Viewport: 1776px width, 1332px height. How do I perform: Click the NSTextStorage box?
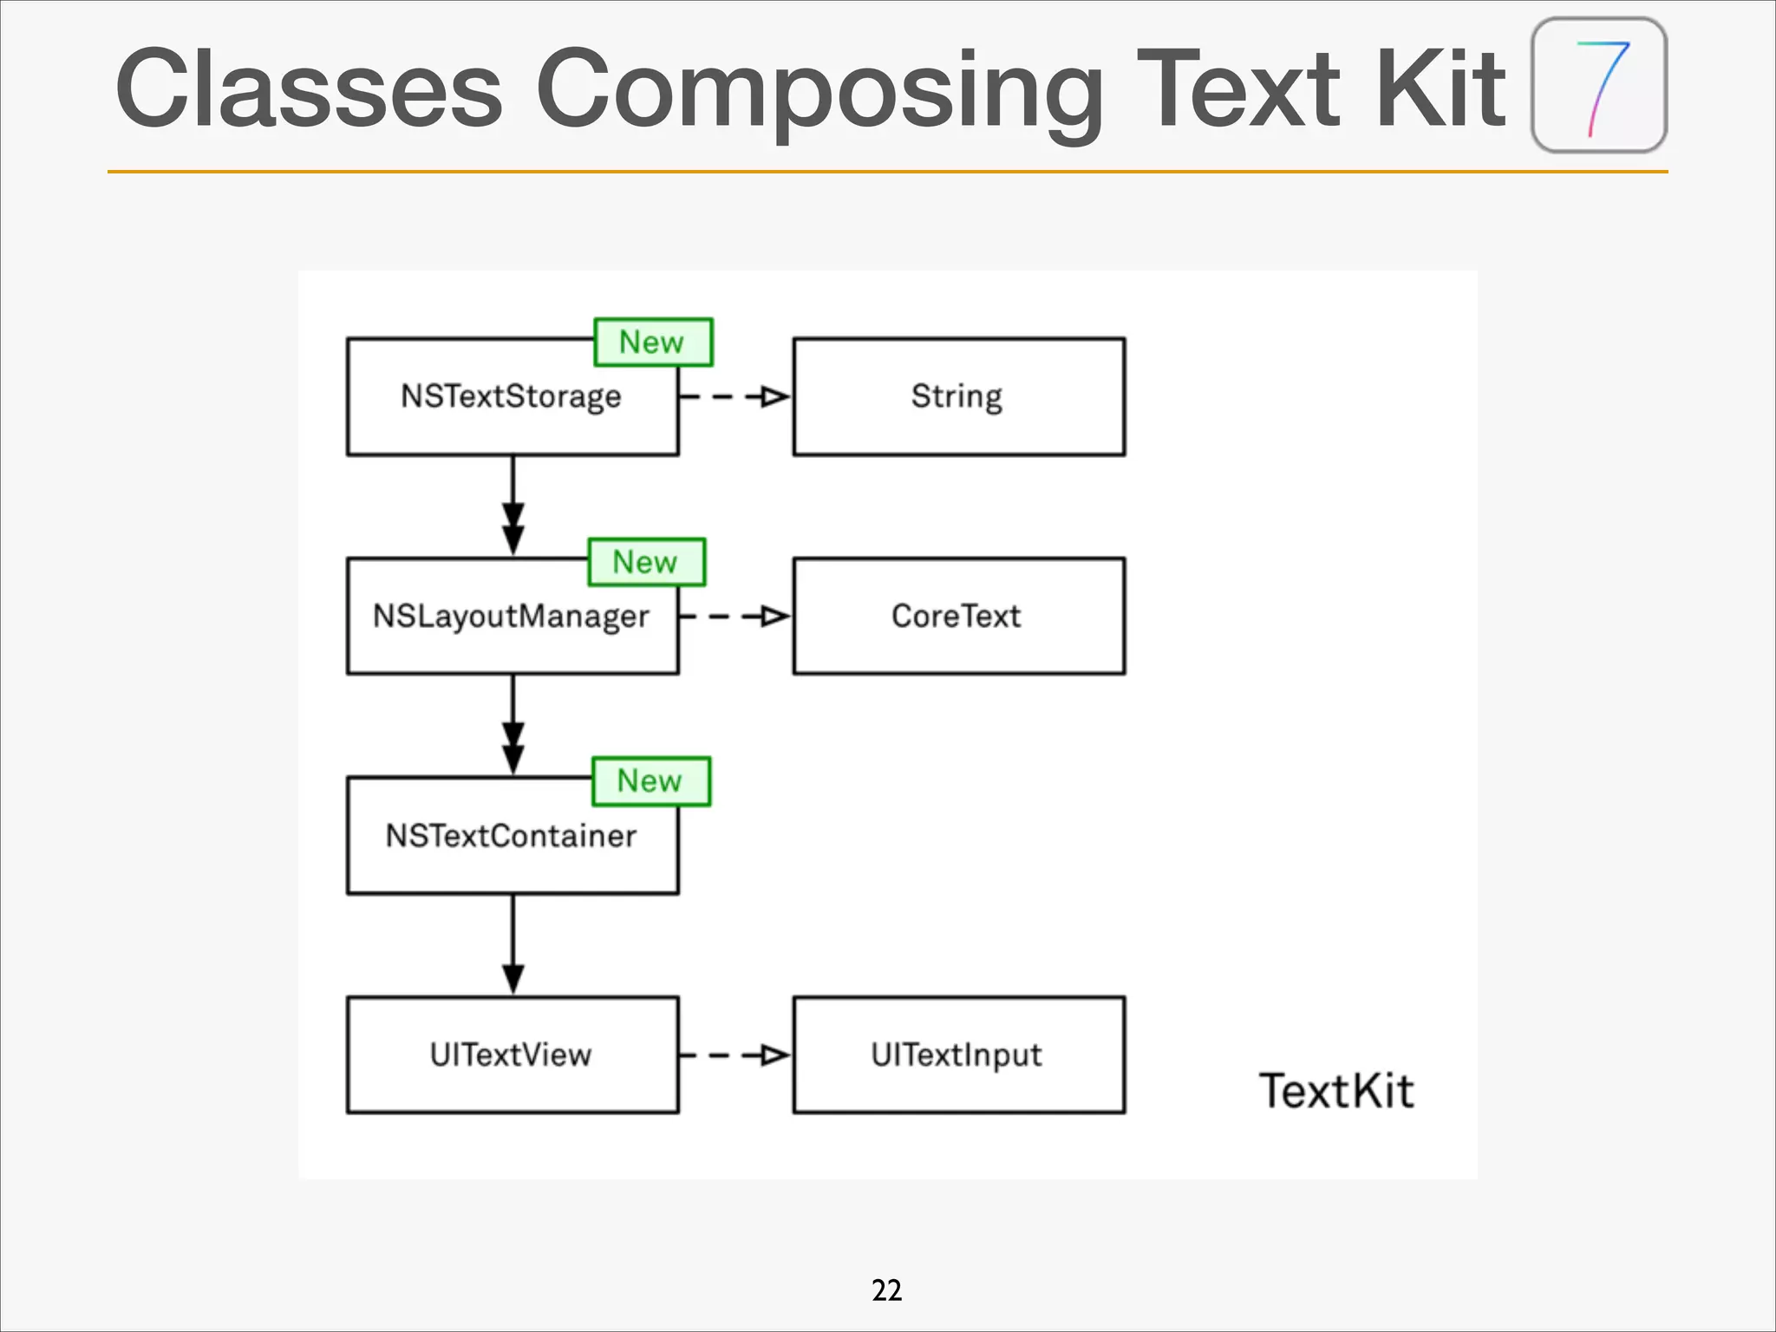[512, 408]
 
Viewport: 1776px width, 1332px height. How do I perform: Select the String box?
[958, 396]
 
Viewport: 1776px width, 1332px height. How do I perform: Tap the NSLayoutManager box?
[512, 624]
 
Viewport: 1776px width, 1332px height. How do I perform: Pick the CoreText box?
[958, 616]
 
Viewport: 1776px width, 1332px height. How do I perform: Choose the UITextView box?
[512, 1054]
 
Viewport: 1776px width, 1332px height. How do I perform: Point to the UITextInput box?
[958, 1054]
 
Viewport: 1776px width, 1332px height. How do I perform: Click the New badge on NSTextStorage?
[653, 342]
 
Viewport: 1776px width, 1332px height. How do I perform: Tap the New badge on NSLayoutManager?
[647, 562]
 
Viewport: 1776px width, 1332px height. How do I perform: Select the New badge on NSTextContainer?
[651, 781]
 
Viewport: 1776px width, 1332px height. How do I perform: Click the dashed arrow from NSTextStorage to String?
[735, 397]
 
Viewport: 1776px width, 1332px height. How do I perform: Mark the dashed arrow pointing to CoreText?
[735, 617]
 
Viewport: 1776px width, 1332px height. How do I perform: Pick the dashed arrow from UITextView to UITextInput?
[735, 1055]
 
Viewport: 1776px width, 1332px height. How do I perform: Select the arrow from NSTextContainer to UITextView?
[513, 943]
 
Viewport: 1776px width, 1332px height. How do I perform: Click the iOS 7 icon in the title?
[1599, 85]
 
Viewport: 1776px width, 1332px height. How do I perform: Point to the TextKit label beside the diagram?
[1336, 1090]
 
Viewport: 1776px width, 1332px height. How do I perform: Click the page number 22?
[886, 1290]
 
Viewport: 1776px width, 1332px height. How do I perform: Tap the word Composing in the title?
[819, 89]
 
